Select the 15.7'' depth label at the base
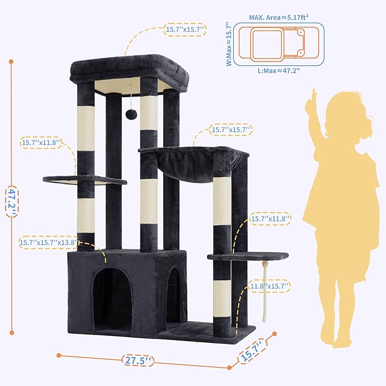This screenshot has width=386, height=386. point(251,348)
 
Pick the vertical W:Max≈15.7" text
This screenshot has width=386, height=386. point(229,44)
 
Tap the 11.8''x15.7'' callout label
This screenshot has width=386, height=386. point(271,287)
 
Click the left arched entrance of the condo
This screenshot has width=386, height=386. point(112,296)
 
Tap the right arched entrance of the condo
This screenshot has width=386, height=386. point(176,296)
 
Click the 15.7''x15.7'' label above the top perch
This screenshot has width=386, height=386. point(185,30)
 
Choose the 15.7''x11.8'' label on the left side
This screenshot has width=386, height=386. point(40,143)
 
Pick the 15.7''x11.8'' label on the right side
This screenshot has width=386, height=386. point(271,218)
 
